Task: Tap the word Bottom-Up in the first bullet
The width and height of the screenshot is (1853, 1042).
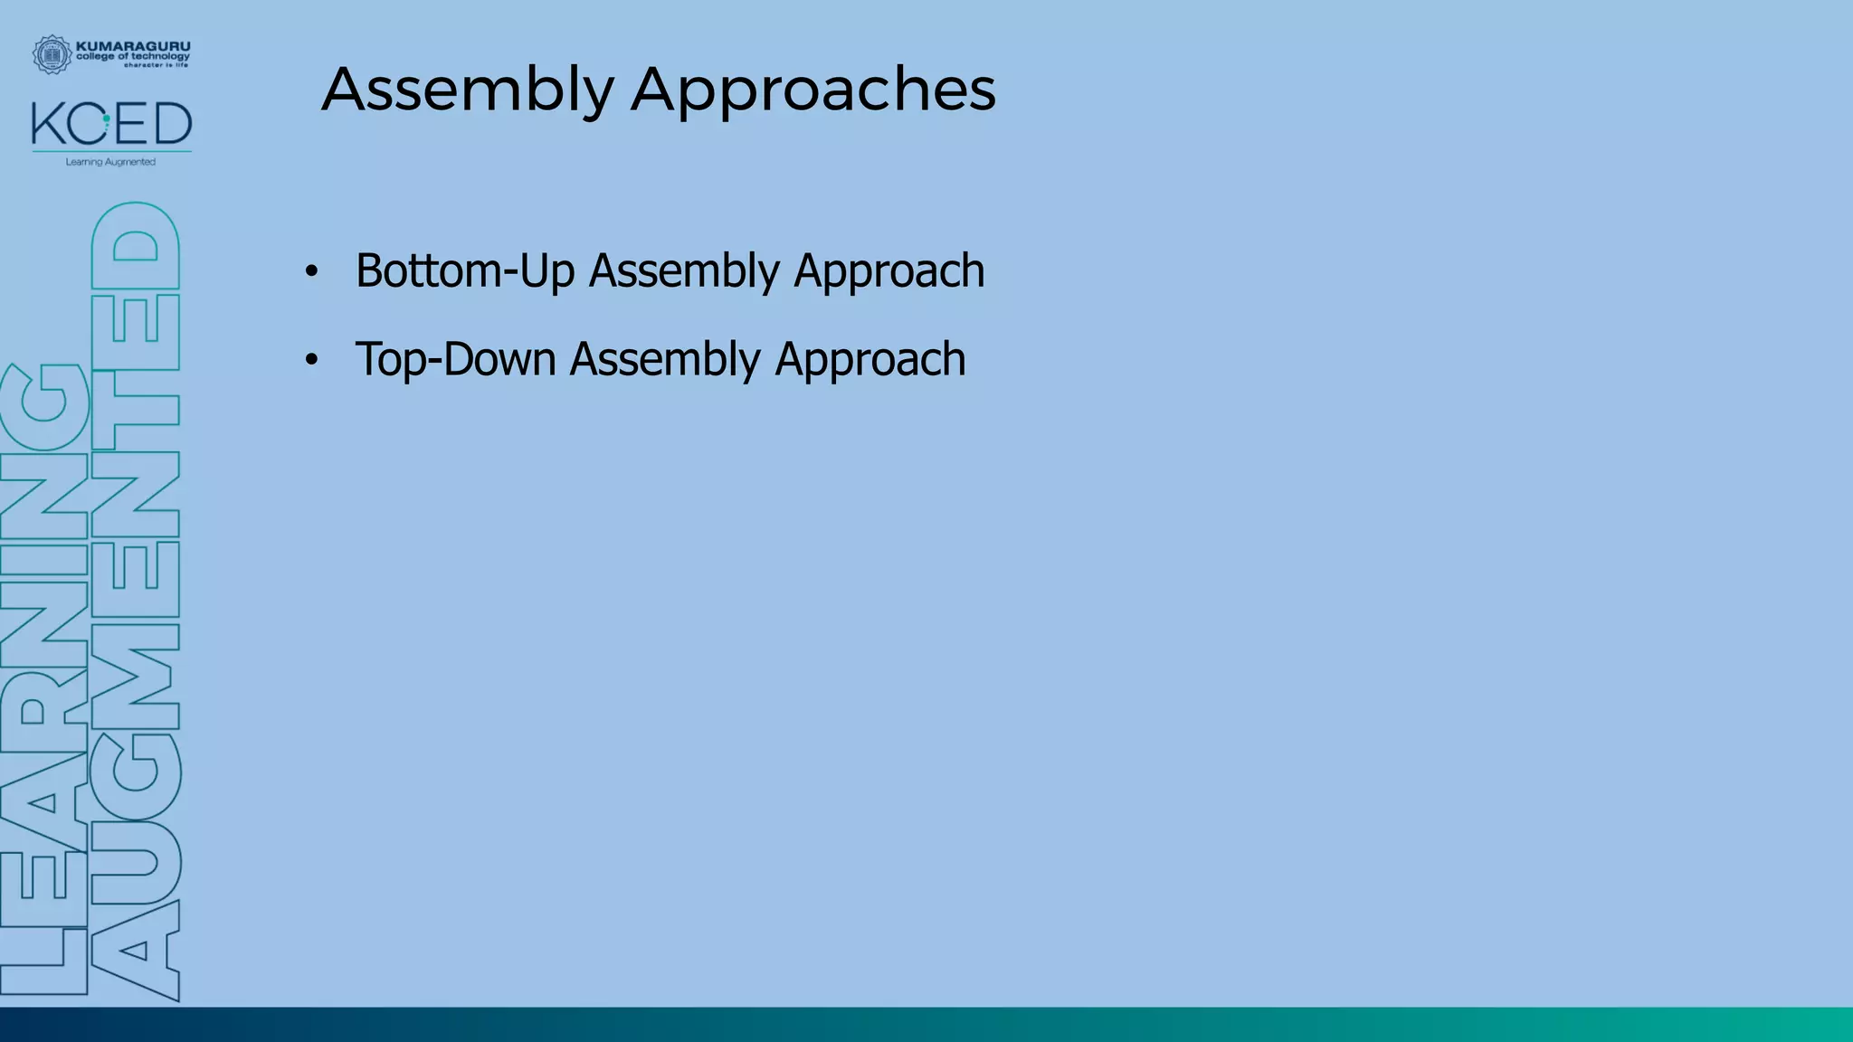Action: [465, 270]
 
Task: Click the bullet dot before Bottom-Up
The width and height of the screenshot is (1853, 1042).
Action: [311, 271]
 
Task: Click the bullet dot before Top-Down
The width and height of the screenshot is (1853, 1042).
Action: [311, 360]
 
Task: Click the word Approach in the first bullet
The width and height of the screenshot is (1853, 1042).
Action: [888, 271]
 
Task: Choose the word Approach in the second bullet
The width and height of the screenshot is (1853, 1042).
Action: [869, 360]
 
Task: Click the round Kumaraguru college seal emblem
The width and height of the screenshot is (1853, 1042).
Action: [52, 54]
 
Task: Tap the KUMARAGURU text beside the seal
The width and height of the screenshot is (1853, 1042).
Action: [133, 45]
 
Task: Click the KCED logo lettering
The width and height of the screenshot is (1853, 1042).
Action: [111, 125]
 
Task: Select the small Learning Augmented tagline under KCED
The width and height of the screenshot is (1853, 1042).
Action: [110, 162]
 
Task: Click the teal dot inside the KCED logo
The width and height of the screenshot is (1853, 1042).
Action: [107, 118]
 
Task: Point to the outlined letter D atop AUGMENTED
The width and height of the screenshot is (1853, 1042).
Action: [136, 244]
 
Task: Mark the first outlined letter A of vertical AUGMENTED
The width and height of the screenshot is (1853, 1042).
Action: [136, 950]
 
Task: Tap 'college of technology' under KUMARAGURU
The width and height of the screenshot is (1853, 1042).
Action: [133, 56]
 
